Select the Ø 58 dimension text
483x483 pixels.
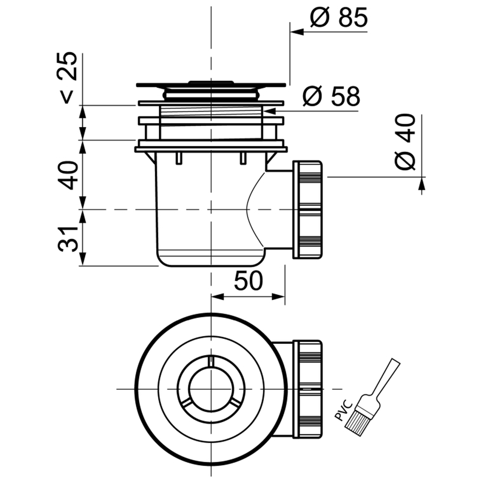pyautogui.click(x=331, y=97)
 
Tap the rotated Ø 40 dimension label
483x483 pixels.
pyautogui.click(x=405, y=142)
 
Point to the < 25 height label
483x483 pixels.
pyautogui.click(x=67, y=77)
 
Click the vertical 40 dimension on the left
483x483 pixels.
pyautogui.click(x=67, y=175)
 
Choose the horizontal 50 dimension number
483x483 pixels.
pyautogui.click(x=248, y=281)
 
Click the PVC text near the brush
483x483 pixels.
pyautogui.click(x=344, y=410)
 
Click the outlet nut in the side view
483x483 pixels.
pyautogui.click(x=307, y=209)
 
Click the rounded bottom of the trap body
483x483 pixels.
pyautogui.click(x=210, y=261)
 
